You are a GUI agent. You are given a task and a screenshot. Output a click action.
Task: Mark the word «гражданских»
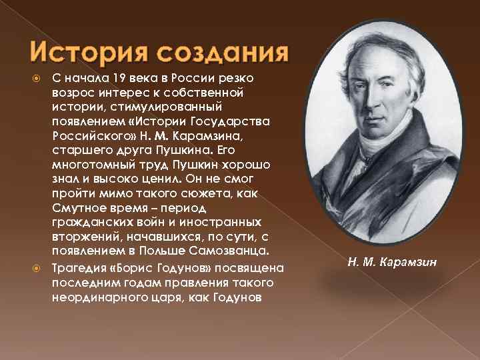[x=88, y=222]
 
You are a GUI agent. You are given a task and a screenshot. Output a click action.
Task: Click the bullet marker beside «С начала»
[x=38, y=77]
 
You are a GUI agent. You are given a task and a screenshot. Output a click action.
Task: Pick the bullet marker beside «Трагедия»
[x=38, y=267]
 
